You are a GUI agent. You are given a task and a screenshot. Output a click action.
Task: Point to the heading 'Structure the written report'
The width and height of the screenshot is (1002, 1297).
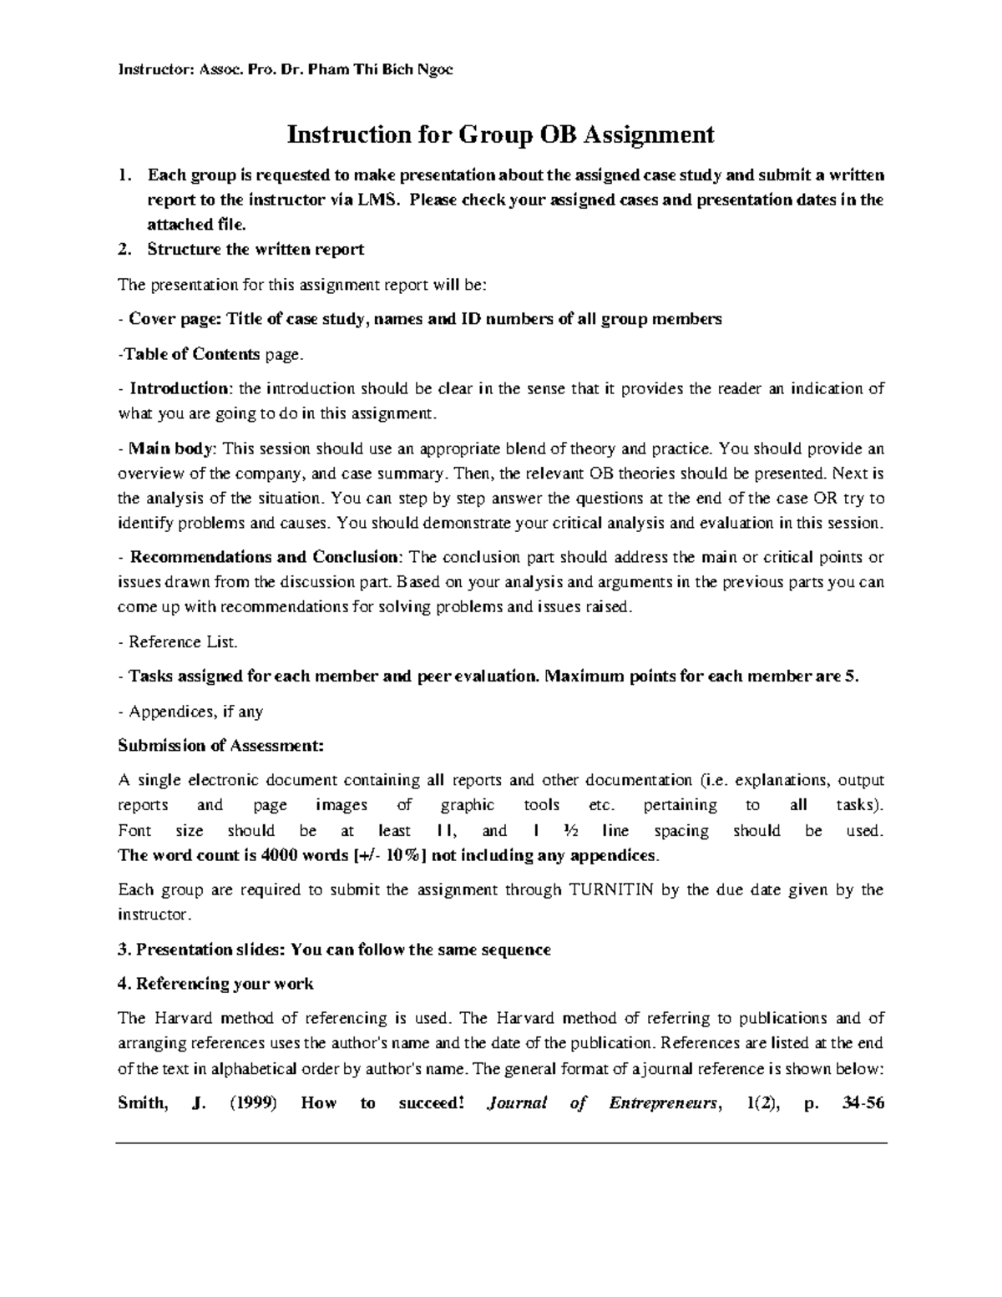point(256,249)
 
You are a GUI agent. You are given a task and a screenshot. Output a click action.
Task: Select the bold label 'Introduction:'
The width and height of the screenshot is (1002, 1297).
point(180,388)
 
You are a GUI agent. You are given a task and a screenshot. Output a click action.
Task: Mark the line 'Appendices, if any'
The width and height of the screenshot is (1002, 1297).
point(195,712)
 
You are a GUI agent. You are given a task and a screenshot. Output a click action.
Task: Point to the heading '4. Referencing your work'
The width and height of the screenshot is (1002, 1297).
point(215,984)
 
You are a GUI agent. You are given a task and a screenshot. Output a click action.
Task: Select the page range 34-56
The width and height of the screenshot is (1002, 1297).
point(863,1103)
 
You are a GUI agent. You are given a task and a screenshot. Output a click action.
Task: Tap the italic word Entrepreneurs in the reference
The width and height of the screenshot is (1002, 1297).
point(663,1103)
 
